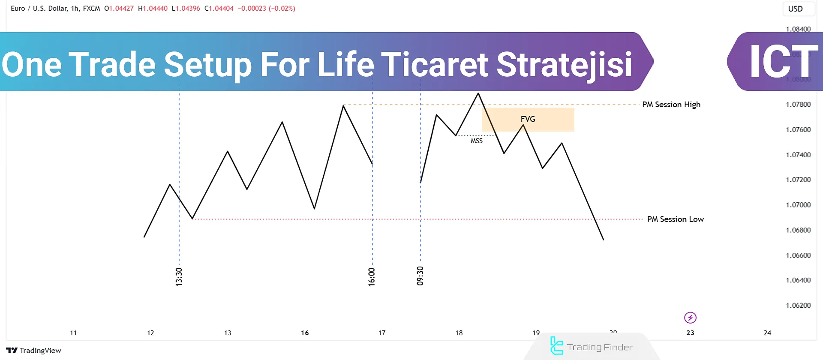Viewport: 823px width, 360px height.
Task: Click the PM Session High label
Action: point(671,105)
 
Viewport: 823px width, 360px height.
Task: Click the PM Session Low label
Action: point(675,219)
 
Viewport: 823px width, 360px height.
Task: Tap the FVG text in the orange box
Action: point(528,119)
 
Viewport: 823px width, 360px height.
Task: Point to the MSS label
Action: point(476,141)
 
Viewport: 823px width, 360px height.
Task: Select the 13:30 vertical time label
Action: point(179,277)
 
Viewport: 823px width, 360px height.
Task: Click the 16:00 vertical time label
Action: point(372,277)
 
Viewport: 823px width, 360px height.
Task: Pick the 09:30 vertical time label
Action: point(420,276)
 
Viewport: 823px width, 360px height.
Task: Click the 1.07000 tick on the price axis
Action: point(798,205)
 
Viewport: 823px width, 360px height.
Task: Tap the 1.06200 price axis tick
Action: point(798,306)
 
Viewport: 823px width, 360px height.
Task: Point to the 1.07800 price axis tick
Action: point(798,105)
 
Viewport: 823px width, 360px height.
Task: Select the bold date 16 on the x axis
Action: point(305,333)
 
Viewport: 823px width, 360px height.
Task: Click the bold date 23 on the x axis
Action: point(690,333)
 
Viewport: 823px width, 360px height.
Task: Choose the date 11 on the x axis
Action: point(73,333)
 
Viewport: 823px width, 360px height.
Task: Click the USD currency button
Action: point(796,9)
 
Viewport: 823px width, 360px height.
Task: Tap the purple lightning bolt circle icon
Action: point(690,318)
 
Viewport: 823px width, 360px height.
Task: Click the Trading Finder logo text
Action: point(599,347)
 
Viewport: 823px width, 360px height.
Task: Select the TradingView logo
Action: point(34,351)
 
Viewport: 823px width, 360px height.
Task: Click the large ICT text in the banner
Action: point(783,62)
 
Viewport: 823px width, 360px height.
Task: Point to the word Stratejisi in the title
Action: point(564,64)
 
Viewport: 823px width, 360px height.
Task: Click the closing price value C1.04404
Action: point(219,9)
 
